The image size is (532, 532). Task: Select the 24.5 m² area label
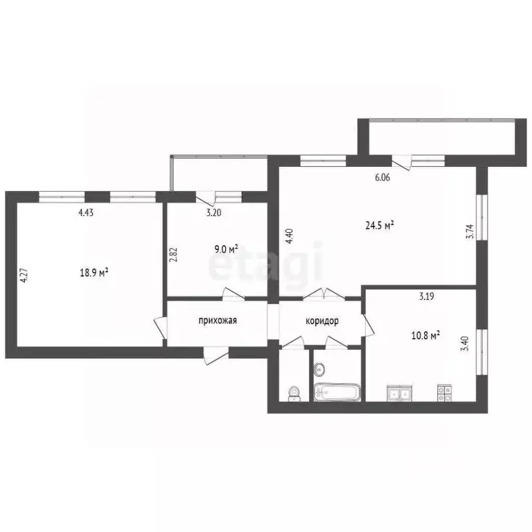pos(380,224)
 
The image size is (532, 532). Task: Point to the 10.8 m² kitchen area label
pos(427,336)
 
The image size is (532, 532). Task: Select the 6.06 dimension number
pos(382,177)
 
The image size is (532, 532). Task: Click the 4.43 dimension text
pos(86,213)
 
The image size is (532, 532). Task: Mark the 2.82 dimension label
pos(173,254)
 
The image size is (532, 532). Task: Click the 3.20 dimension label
pos(213,213)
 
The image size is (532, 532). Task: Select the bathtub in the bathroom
pos(337,393)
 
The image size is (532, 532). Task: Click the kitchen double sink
pos(398,393)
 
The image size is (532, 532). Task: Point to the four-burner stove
pos(444,393)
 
